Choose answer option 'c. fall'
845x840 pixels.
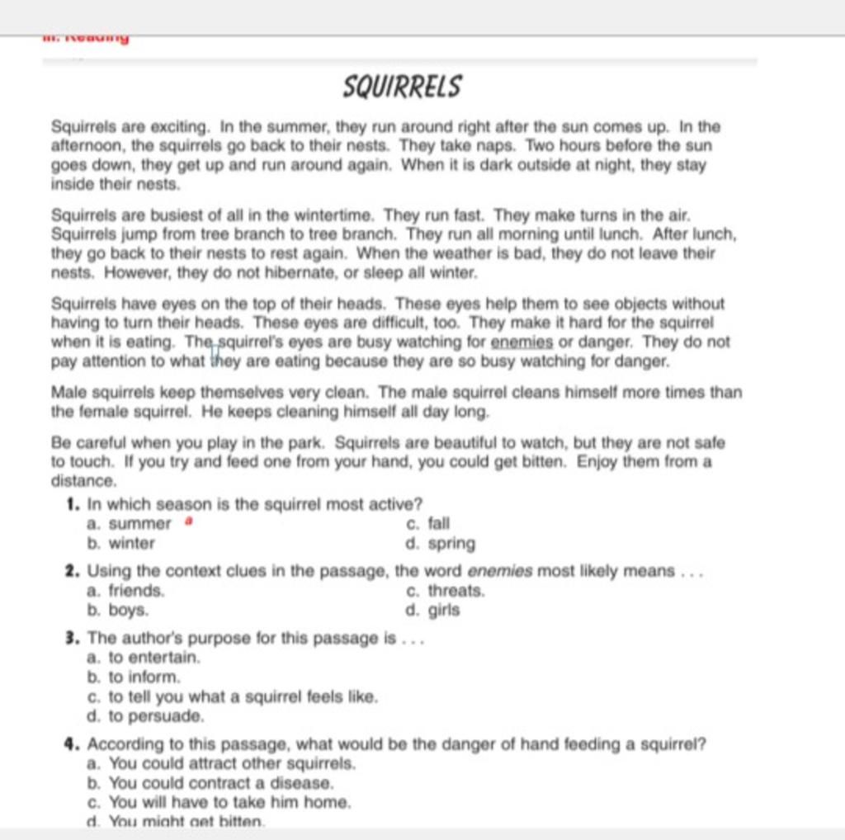428,523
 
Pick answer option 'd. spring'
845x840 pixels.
441,544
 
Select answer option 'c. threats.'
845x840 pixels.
446,591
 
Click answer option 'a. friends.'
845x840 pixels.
125,591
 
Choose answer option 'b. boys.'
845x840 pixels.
118,611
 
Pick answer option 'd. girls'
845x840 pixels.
433,611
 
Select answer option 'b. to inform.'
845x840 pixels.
133,677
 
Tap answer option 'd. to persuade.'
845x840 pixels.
144,716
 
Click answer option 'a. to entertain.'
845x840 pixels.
144,658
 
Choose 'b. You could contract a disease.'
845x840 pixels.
210,782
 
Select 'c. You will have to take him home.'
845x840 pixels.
219,802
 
